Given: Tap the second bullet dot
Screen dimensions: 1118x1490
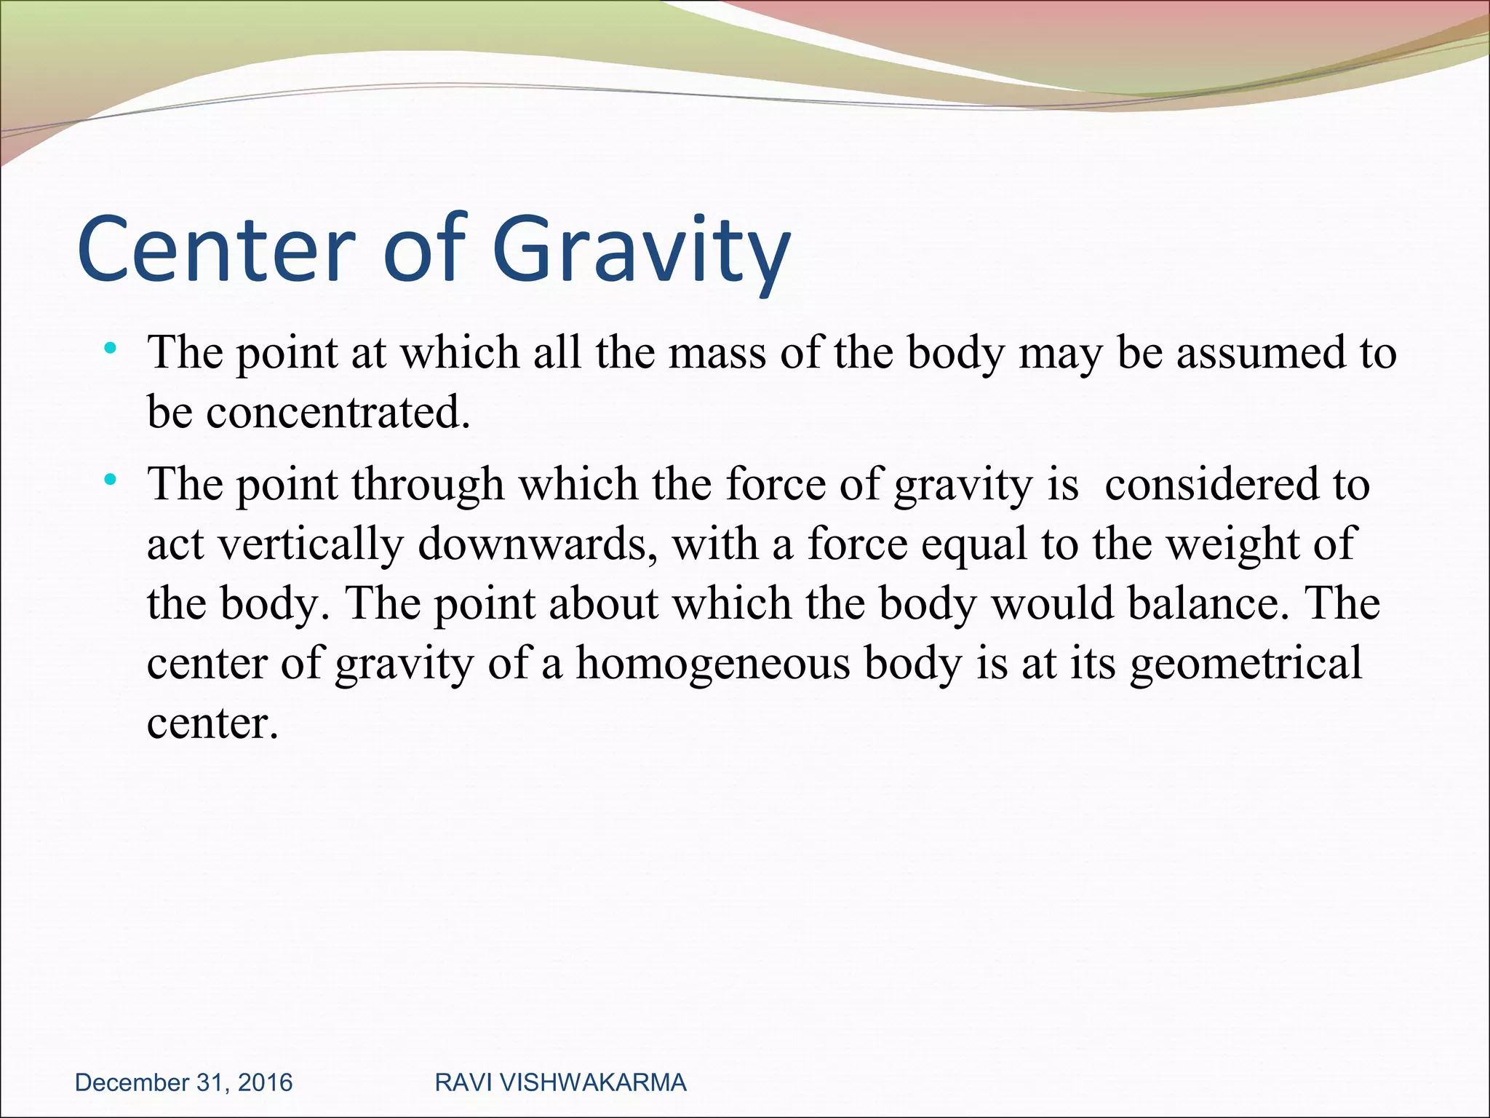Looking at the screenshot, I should click(x=110, y=480).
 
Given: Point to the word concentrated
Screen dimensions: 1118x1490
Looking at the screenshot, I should click(x=338, y=413).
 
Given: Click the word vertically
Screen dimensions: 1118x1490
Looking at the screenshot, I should click(x=311, y=544).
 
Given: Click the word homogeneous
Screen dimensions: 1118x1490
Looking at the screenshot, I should click(x=713, y=665).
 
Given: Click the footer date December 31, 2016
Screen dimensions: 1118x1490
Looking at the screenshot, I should click(x=184, y=1082).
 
